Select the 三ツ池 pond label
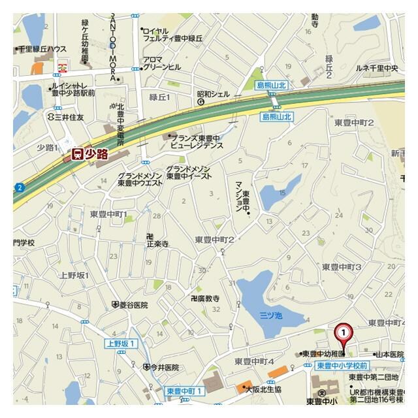coord(270,315)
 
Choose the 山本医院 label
coord(390,353)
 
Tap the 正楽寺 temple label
coord(157,243)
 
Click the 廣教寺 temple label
coord(204,298)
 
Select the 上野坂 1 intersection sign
coord(121,344)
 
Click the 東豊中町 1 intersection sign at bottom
coord(185,391)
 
